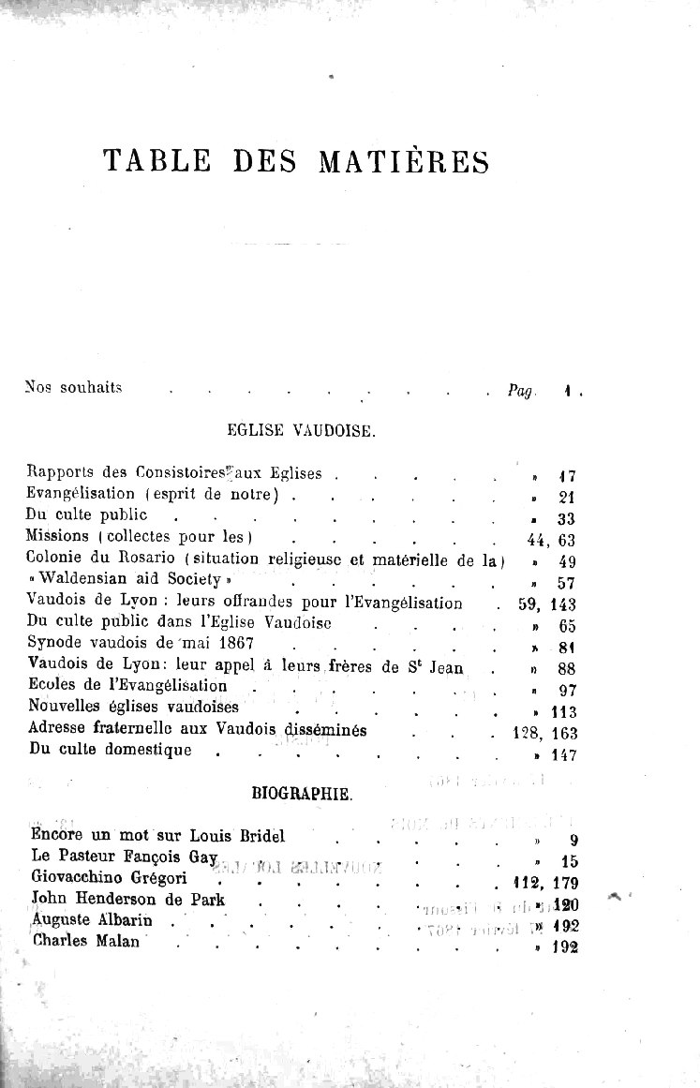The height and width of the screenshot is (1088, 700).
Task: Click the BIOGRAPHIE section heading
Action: pos(302,795)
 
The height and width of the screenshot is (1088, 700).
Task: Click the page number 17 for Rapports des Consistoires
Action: pos(566,476)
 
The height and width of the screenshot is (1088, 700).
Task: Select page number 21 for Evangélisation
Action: pos(566,498)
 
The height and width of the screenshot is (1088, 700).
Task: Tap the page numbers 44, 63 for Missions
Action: pos(551,540)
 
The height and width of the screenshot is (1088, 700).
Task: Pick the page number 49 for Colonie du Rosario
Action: pos(566,562)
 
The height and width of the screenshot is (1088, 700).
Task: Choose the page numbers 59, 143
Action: pos(547,604)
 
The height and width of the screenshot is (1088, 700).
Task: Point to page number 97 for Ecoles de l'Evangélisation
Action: pos(566,691)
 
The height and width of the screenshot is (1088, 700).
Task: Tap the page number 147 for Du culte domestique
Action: pos(562,755)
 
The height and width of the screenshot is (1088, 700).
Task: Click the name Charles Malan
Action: pos(85,942)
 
